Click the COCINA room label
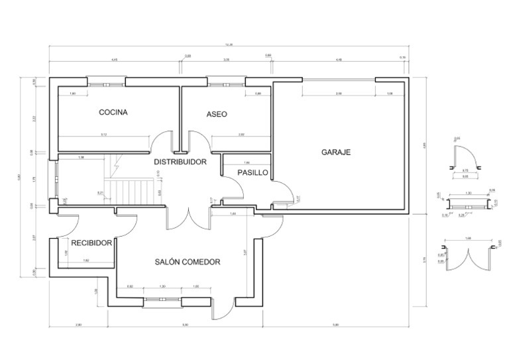click(x=113, y=113)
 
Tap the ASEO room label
click(x=217, y=114)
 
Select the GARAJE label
click(x=335, y=152)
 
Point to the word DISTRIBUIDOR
click(x=180, y=162)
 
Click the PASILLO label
click(x=253, y=172)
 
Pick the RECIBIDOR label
click(x=91, y=243)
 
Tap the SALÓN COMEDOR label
click(x=188, y=262)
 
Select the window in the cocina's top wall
click(x=107, y=83)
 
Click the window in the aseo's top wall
click(x=226, y=83)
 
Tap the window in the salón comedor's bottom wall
click(x=162, y=302)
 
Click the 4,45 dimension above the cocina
click(x=115, y=60)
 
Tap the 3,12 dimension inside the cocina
click(x=104, y=135)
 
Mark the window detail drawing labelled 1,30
click(x=469, y=202)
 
